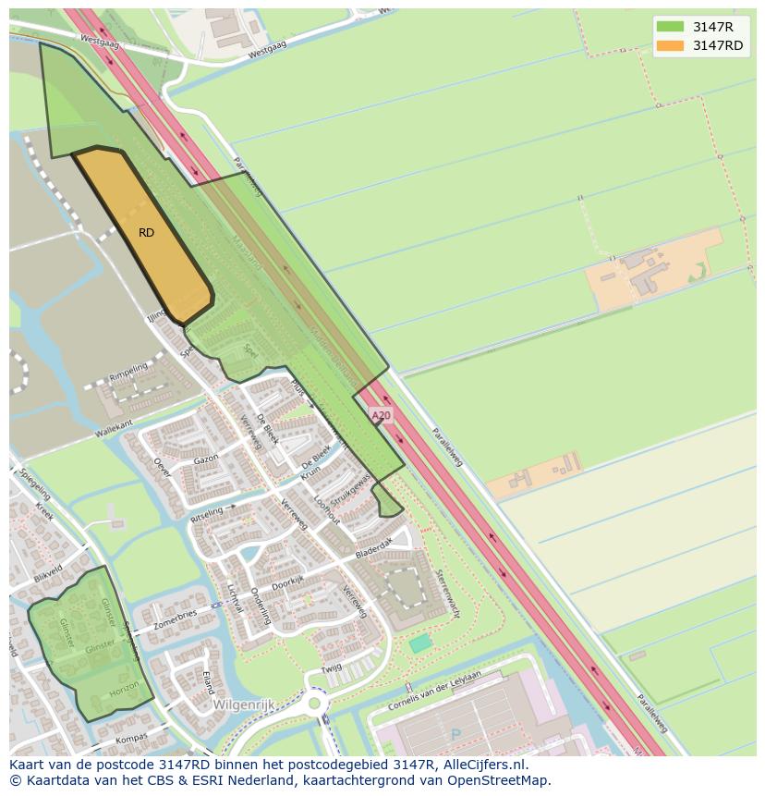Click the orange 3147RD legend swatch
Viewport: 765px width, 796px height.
tap(670, 45)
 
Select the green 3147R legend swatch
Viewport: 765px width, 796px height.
tap(670, 27)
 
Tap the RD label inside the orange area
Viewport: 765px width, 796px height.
tap(146, 233)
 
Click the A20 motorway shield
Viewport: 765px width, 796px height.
tap(381, 416)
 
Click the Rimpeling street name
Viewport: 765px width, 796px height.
tap(128, 372)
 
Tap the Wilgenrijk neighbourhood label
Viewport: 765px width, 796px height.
tap(243, 704)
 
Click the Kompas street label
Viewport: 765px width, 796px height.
tap(133, 741)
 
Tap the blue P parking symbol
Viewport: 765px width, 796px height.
tap(455, 735)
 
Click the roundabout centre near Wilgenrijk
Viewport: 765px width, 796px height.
tap(315, 704)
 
